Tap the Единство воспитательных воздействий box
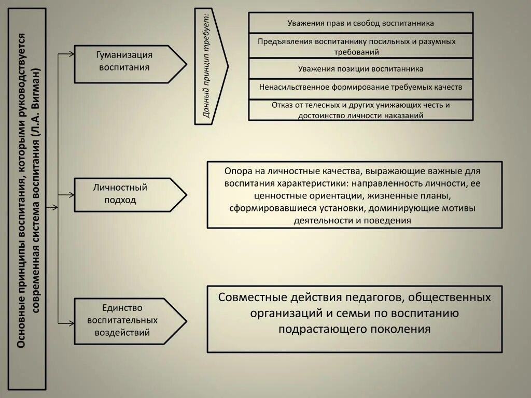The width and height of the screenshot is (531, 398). click(123, 320)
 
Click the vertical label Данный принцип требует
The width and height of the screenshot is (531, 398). click(207, 66)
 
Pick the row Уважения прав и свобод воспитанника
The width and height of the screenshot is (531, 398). click(360, 23)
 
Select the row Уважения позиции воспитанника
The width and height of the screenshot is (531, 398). click(360, 68)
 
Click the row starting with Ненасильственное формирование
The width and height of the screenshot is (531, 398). click(360, 87)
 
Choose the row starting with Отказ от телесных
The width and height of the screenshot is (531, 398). click(360, 110)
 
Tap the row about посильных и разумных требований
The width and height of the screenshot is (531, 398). click(360, 46)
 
